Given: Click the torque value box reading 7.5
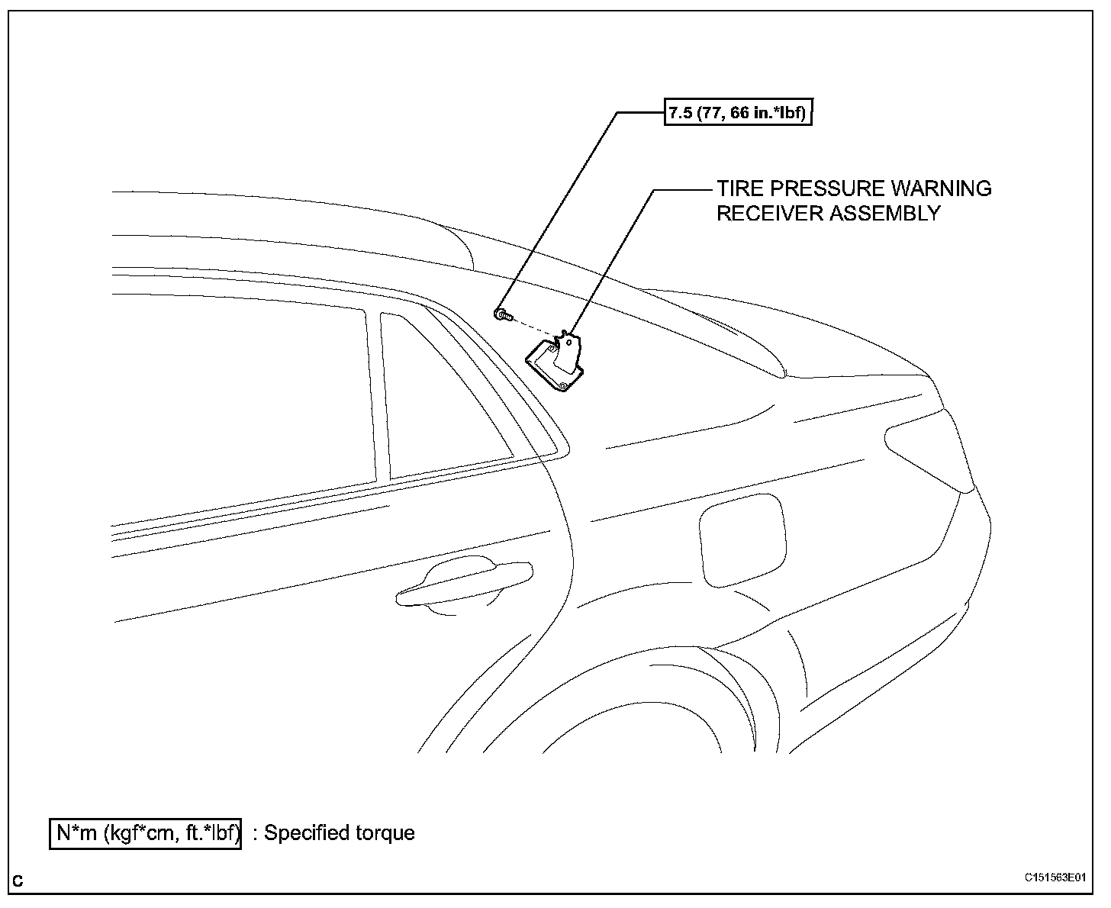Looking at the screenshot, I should click(737, 114).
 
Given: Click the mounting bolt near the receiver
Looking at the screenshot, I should click(501, 313).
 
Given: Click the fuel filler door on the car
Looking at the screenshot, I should click(742, 538).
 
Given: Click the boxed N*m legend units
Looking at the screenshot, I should click(146, 833).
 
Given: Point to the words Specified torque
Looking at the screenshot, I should click(339, 833).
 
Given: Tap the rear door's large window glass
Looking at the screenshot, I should click(244, 404).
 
